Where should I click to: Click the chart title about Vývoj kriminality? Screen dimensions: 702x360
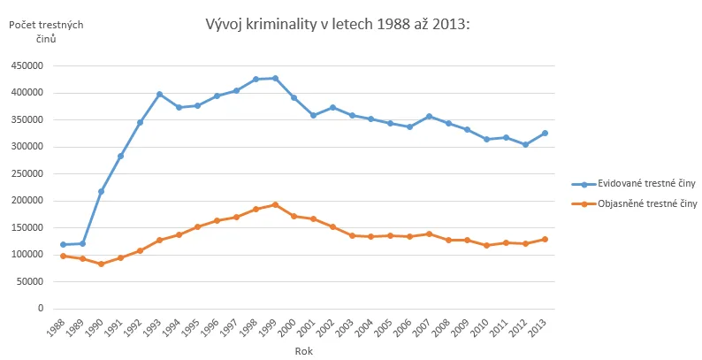tap(337, 24)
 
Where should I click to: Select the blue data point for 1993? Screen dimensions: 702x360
tap(159, 95)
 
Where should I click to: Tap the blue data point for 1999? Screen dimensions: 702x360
tap(275, 79)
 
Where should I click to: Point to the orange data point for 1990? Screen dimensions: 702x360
tap(101, 264)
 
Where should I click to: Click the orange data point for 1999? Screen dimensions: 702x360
tap(275, 204)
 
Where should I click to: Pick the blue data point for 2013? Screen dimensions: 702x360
tap(545, 134)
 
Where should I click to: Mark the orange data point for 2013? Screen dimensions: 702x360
tap(545, 240)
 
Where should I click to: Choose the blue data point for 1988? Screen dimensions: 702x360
tap(63, 244)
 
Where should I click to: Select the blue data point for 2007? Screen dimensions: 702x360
tap(429, 117)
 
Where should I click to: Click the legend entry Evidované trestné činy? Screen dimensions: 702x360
tap(634, 184)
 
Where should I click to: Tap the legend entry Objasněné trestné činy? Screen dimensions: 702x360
tap(634, 204)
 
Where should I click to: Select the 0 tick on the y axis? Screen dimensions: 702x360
tap(41, 309)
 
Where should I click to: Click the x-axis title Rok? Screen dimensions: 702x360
tap(304, 351)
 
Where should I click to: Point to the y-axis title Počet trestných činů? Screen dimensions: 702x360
tap(46, 31)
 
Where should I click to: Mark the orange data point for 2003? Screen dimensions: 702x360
tap(352, 235)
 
